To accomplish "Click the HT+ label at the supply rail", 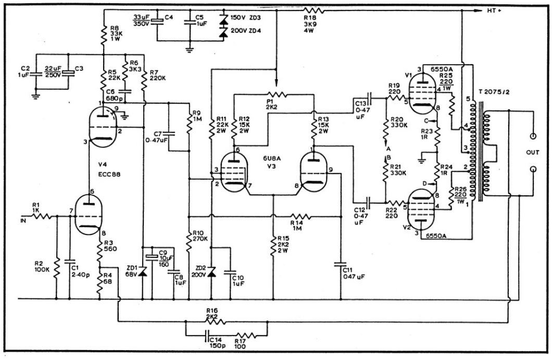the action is [494, 10].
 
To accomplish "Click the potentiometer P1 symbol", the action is [277, 94].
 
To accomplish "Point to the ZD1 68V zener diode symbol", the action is [142, 272].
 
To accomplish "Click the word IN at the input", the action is [24, 221].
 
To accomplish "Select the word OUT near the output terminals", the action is [533, 153].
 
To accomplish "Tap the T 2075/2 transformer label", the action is [494, 92].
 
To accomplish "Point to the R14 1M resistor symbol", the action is [300, 216].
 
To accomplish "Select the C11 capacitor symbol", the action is [341, 265].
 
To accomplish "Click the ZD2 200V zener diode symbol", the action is [211, 271].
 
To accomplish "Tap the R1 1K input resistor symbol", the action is [43, 216].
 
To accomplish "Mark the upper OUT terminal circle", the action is [533, 136].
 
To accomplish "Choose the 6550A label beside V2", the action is [436, 236].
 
